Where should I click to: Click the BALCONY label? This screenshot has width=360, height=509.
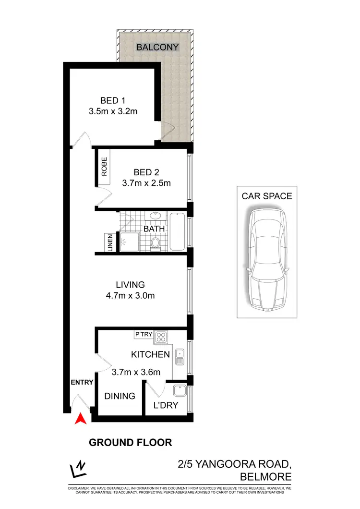157,47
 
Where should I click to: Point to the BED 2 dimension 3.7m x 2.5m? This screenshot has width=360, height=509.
147,183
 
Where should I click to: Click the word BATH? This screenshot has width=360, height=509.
154,229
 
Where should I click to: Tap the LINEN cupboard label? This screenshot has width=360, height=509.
110,242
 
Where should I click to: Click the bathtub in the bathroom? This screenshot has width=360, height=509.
177,232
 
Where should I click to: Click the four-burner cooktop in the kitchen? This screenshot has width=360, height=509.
162,338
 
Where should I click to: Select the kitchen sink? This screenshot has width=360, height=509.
180,357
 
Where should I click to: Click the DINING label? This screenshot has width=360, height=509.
120,396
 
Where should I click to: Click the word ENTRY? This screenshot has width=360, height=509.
82,382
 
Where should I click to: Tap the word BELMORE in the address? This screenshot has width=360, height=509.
265,476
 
